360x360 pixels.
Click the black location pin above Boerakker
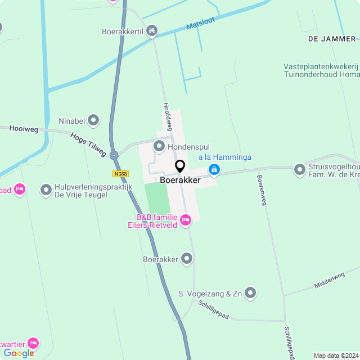(180, 166)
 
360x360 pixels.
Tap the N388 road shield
(120, 174)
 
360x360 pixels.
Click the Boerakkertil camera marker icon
(151, 31)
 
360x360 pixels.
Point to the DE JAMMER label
(332, 39)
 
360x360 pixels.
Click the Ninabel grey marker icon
(93, 120)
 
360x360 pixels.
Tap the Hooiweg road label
(24, 129)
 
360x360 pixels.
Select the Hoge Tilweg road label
(88, 144)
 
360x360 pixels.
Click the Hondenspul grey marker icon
(159, 146)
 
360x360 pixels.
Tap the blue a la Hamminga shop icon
(214, 169)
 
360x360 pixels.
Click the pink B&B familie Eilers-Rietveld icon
(186, 219)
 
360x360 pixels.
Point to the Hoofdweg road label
(167, 116)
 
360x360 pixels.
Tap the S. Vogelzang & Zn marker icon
(250, 293)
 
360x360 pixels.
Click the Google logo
(19, 353)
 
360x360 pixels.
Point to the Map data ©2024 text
(336, 355)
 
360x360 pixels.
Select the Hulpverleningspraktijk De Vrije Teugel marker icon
(46, 190)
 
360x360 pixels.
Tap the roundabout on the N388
(114, 155)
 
